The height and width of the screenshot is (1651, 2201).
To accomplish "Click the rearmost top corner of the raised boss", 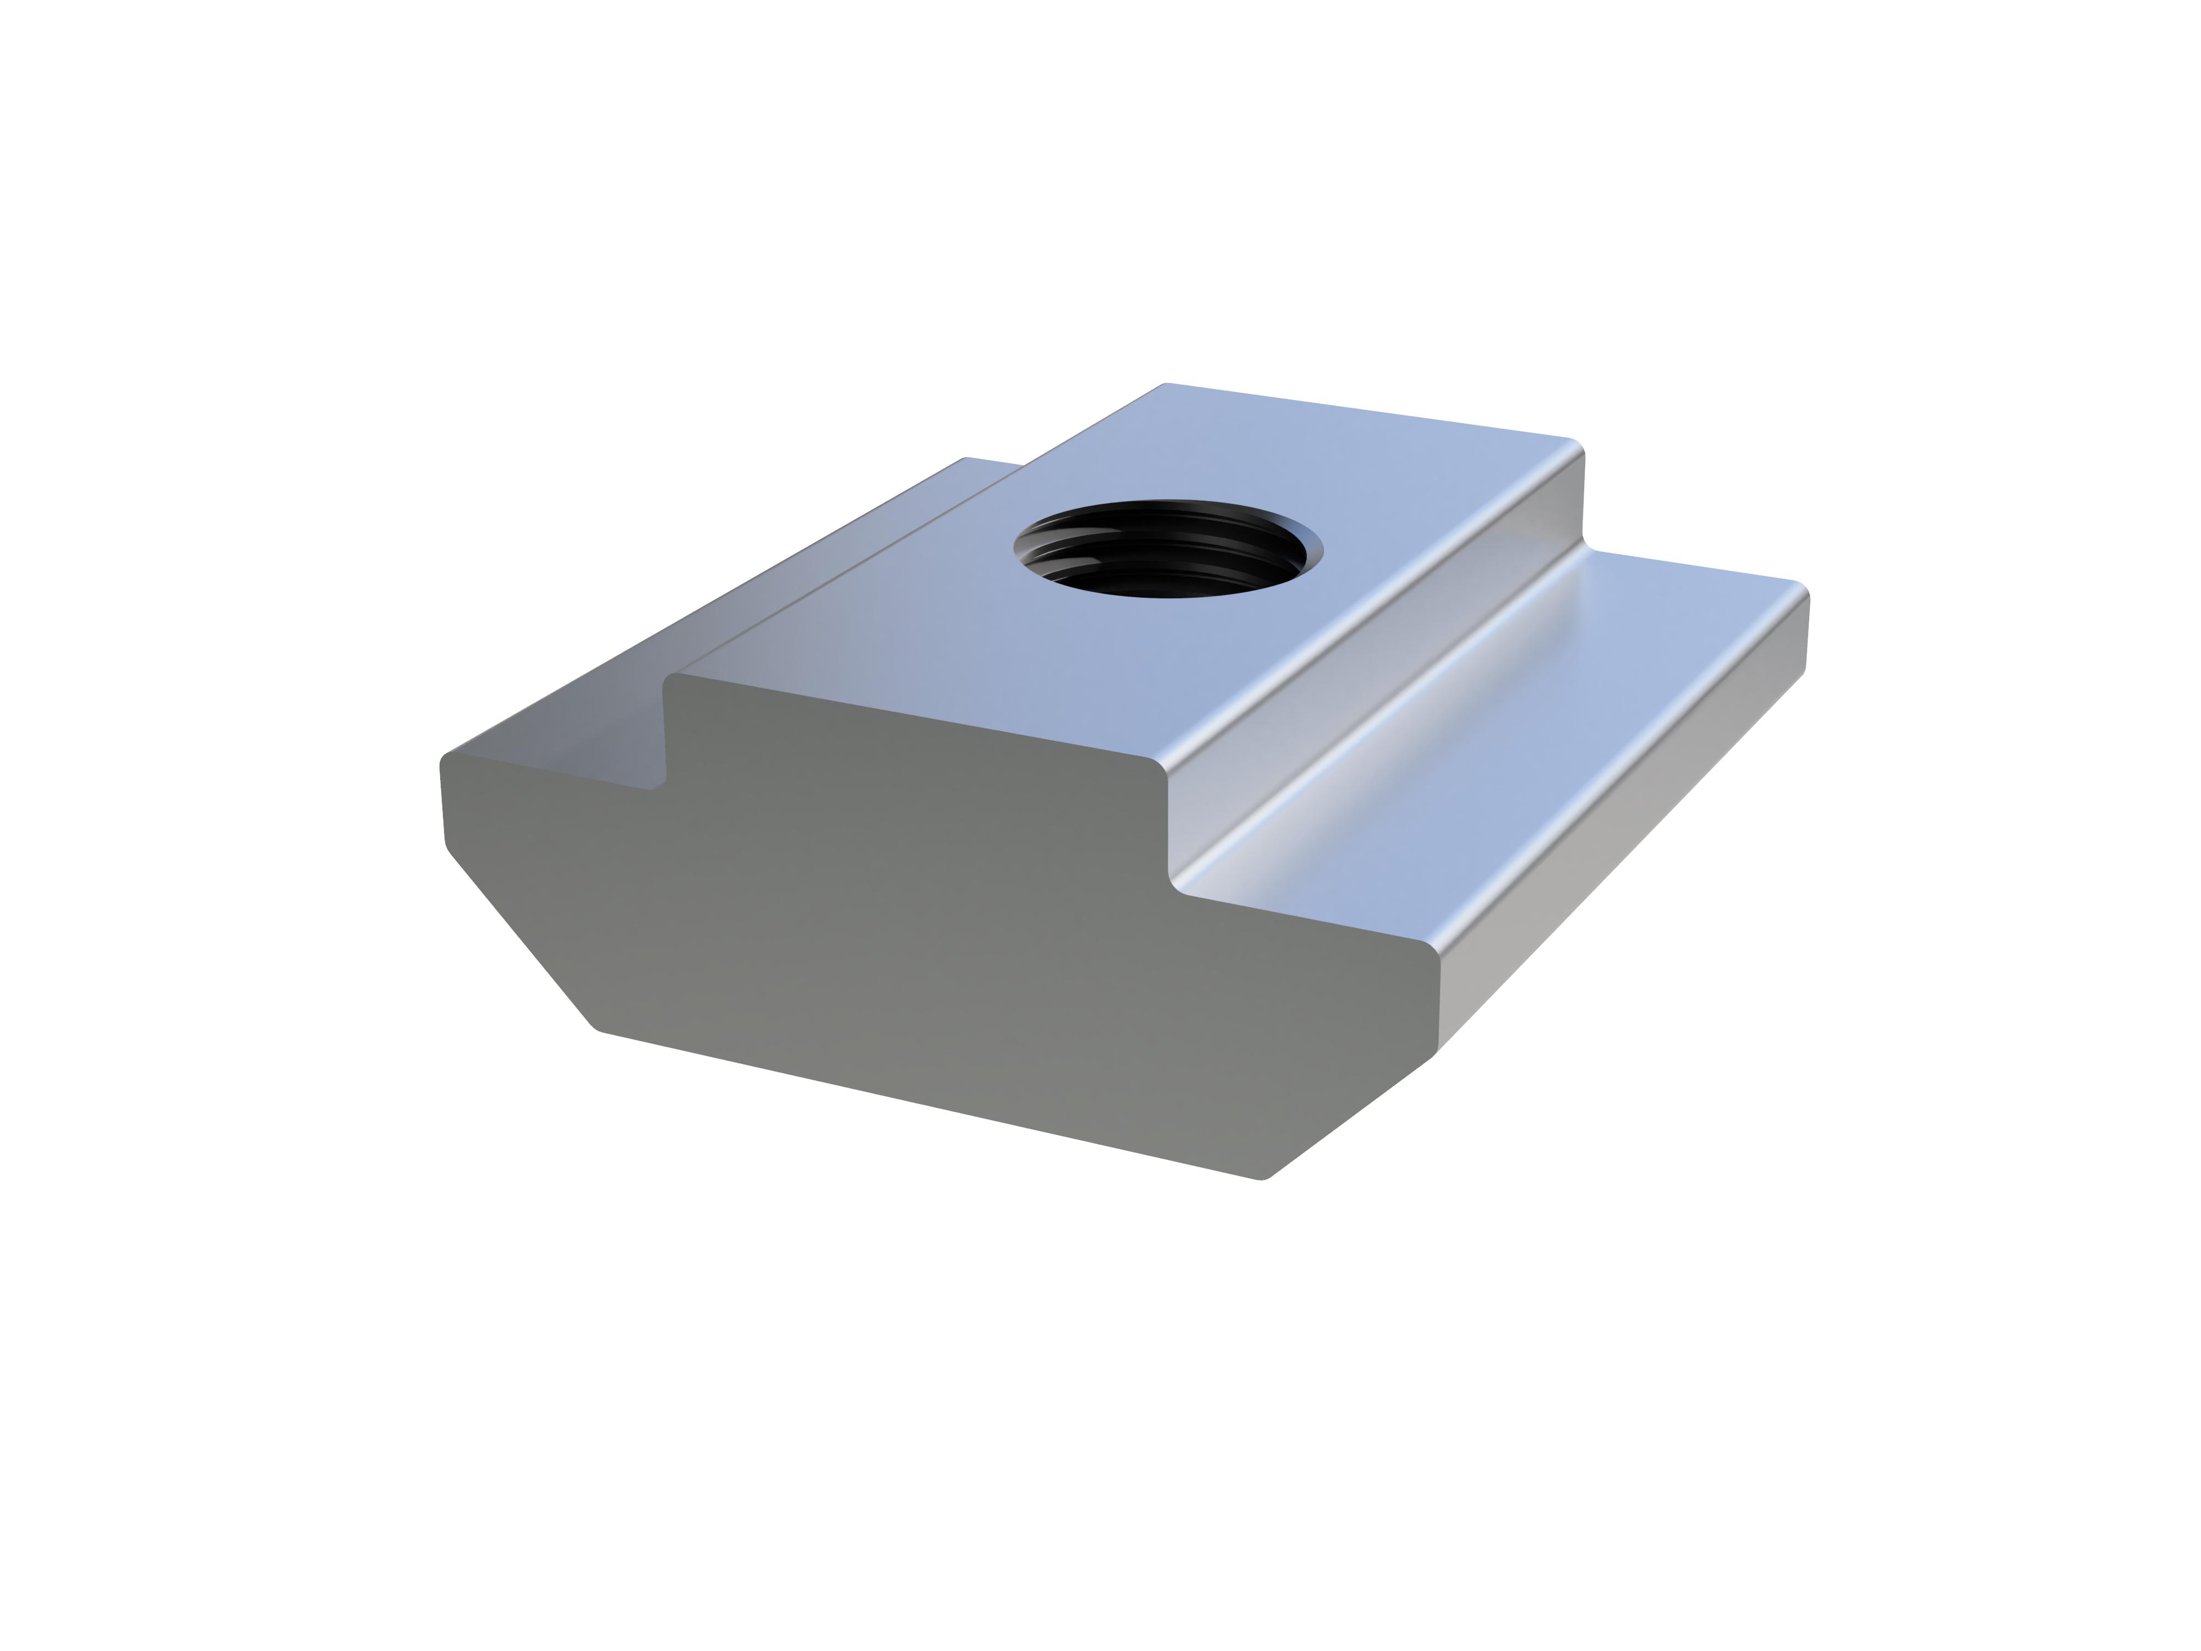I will tap(1166, 385).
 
